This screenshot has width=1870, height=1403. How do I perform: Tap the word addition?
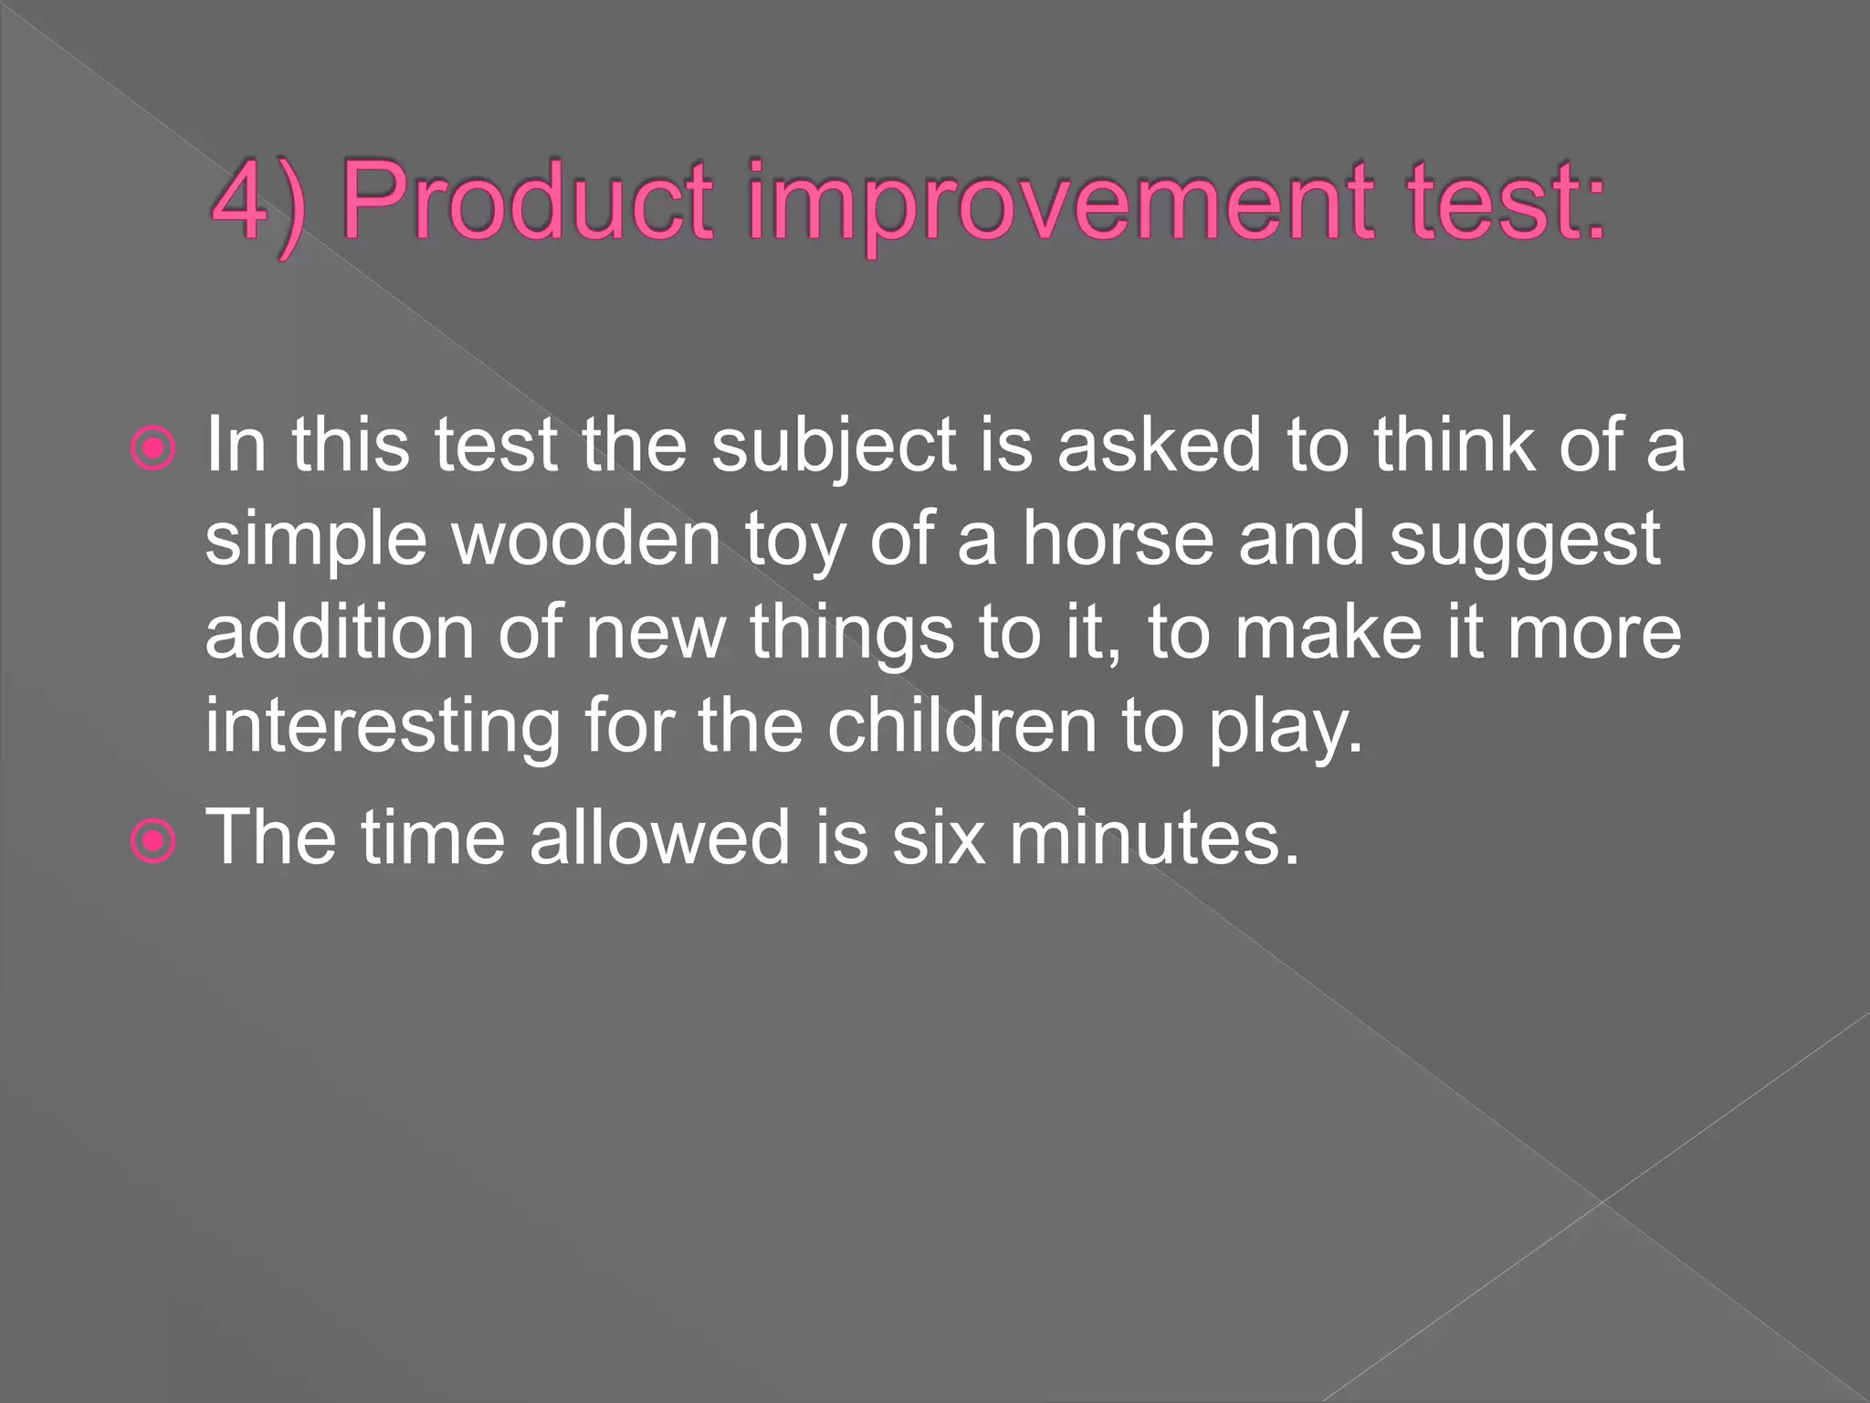pyautogui.click(x=339, y=632)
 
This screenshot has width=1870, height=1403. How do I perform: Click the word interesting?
pyautogui.click(x=383, y=727)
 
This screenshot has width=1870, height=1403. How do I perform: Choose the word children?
pyautogui.click(x=961, y=725)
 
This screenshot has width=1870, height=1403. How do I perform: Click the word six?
pyautogui.click(x=938, y=838)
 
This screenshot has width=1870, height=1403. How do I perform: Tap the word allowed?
pyautogui.click(x=660, y=838)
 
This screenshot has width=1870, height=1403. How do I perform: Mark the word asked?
pyautogui.click(x=1158, y=446)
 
